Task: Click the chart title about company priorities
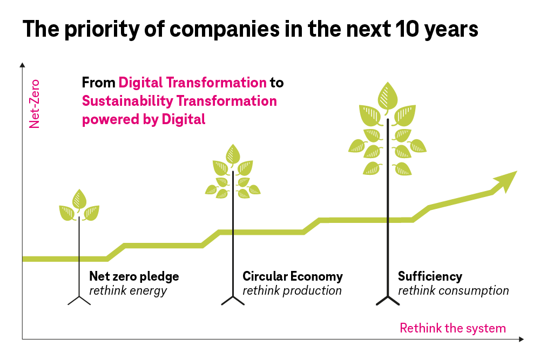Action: click(250, 29)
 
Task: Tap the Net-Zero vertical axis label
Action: click(35, 104)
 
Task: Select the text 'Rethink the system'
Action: click(453, 328)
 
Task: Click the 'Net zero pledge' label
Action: click(134, 277)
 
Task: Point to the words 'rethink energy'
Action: click(128, 291)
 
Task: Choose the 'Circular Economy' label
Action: click(293, 277)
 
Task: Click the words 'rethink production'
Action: click(292, 291)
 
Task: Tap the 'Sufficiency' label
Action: click(430, 277)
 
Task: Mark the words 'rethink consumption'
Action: click(453, 291)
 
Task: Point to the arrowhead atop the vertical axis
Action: click(22, 65)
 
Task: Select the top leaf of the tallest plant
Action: click(387, 96)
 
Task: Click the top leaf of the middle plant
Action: click(233, 154)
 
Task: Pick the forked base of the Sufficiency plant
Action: click(387, 300)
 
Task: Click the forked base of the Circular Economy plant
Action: click(233, 300)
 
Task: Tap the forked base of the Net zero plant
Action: click(79, 300)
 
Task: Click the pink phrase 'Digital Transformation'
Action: click(192, 83)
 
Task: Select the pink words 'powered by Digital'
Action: click(144, 119)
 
